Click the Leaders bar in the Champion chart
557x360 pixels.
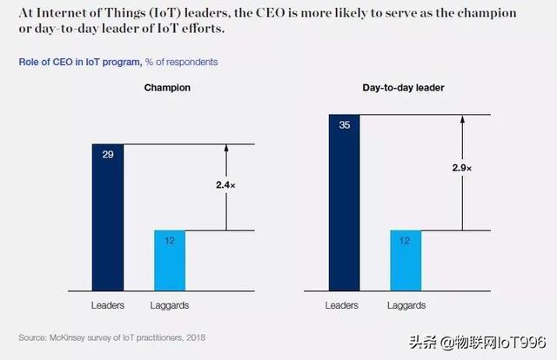pyautogui.click(x=108, y=217)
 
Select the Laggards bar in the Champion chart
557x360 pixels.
pyautogui.click(x=170, y=260)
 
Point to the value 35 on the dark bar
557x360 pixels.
pyautogui.click(x=345, y=124)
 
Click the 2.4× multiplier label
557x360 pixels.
pyautogui.click(x=225, y=184)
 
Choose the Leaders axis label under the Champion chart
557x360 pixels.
pyautogui.click(x=108, y=305)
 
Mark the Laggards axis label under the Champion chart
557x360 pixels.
pyautogui.click(x=171, y=305)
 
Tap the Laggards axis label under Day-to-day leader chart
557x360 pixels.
pyautogui.click(x=407, y=305)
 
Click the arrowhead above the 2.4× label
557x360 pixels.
pyautogui.click(x=225, y=149)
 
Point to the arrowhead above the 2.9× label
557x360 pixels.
pyautogui.click(x=462, y=119)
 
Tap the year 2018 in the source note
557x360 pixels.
pyautogui.click(x=197, y=337)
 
